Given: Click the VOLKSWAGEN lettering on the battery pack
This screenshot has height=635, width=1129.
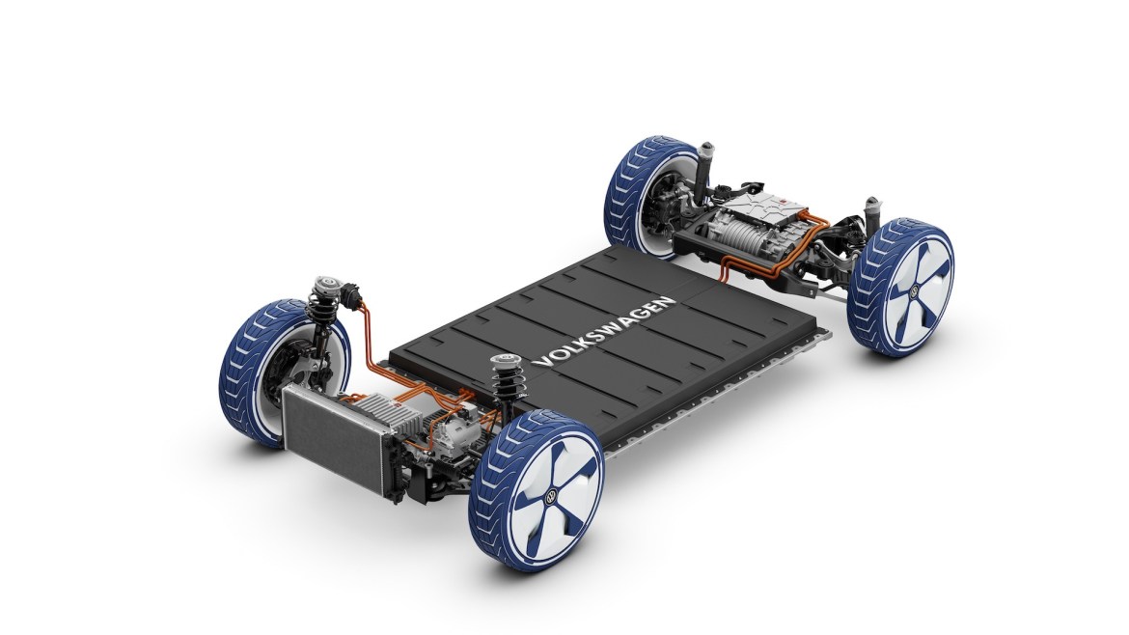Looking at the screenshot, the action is click(x=603, y=332).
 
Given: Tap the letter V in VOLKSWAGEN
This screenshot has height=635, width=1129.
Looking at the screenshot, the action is click(x=539, y=362).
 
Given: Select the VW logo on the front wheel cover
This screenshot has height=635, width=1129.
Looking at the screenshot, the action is click(x=551, y=496).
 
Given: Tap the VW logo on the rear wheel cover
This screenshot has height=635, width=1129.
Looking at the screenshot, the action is click(x=913, y=290).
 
